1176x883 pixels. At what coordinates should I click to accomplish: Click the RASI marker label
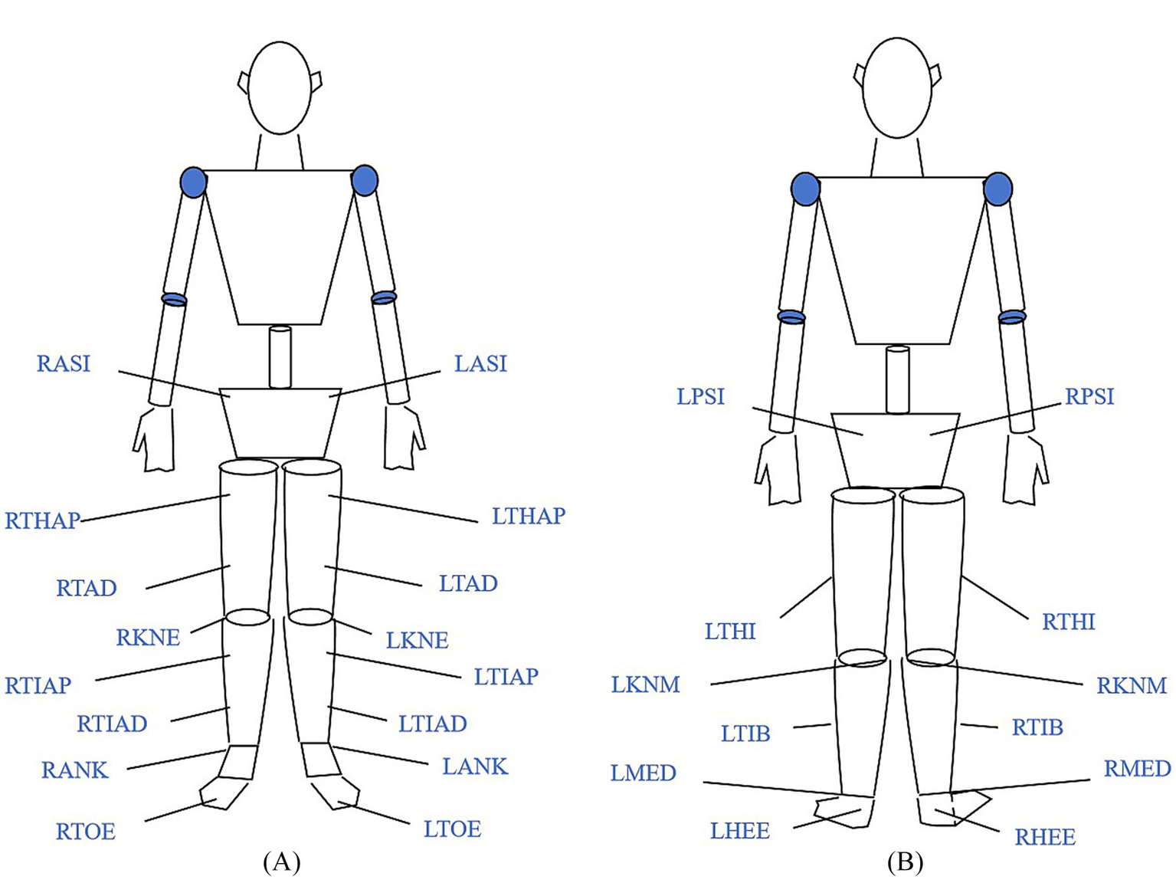pos(64,363)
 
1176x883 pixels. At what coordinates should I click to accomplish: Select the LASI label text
pos(480,363)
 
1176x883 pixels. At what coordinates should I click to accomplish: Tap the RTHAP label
pos(42,521)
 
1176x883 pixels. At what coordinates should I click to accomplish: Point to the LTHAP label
pos(528,516)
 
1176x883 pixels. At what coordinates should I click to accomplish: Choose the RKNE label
pos(148,638)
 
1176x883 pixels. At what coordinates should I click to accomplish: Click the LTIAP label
pos(506,677)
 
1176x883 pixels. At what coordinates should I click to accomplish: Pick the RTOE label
pos(85,832)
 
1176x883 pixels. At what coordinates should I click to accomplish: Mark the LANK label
pos(475,766)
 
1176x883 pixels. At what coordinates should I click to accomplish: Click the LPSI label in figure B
pos(700,397)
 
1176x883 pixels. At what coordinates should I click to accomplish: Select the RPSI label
pos(1089,397)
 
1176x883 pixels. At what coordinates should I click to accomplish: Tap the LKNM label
pos(645,684)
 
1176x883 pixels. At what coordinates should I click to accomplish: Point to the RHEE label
pos(1045,837)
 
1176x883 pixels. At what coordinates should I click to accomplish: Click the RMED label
pos(1137,769)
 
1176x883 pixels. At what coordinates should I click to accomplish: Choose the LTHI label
pos(730,632)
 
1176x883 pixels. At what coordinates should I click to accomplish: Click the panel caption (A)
pos(281,862)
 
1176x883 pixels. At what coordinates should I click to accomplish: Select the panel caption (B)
pos(905,862)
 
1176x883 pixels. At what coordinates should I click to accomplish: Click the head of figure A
pos(280,87)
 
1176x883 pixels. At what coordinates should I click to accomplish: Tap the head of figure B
pos(897,87)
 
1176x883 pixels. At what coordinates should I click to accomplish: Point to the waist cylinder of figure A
pos(280,357)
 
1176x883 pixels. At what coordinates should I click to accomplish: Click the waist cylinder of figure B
pos(897,379)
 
